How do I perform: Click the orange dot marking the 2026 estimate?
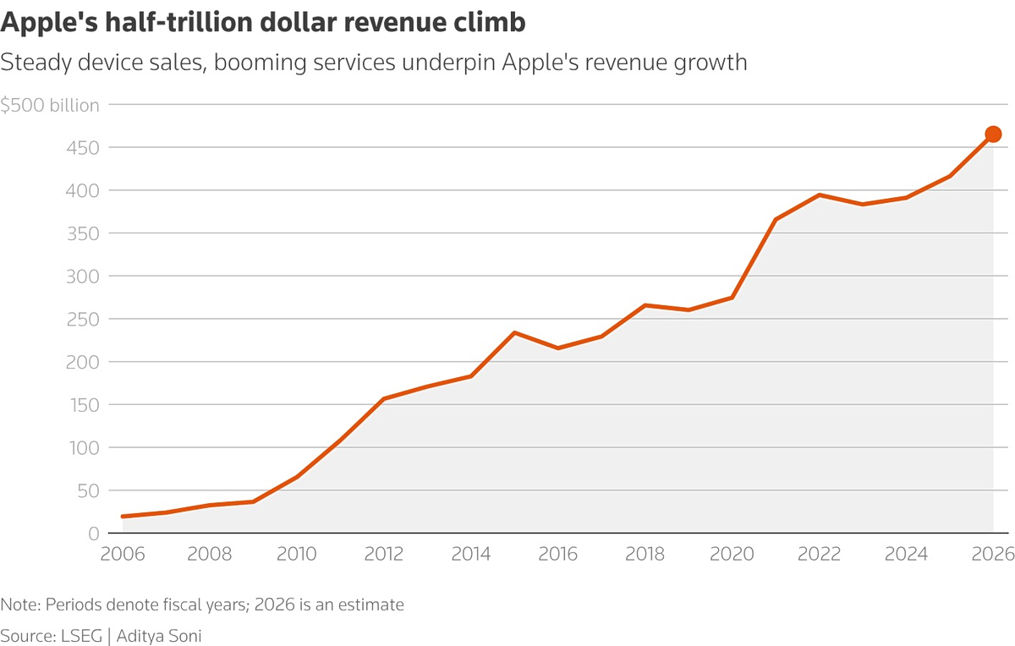point(993,134)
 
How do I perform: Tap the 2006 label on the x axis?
point(123,555)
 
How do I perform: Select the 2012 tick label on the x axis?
point(383,555)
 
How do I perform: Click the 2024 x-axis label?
point(906,555)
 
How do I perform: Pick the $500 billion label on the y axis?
point(50,106)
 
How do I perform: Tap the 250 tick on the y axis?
point(84,320)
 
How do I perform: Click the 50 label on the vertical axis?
point(88,490)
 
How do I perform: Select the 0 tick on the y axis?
point(93,534)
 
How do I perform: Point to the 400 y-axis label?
point(83,191)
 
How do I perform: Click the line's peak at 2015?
point(514,333)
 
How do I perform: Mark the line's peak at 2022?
point(819,194)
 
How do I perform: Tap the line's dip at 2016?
point(557,348)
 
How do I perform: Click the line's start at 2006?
point(123,516)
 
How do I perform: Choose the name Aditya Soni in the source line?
point(161,635)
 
